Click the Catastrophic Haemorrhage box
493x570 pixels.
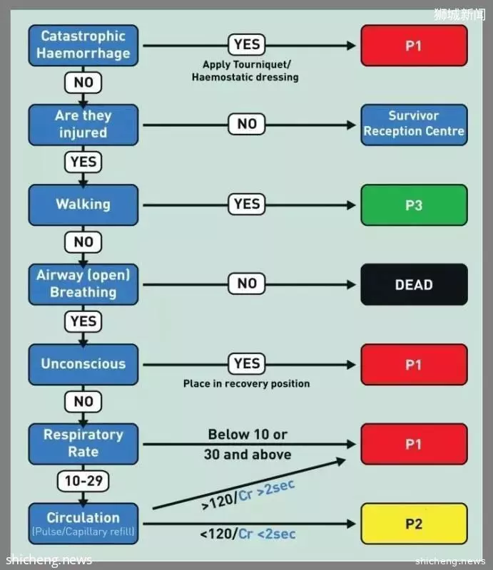83,46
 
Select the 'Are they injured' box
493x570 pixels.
83,125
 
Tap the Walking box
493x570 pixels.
83,205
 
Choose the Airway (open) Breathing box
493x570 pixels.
83,284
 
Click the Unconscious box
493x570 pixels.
83,364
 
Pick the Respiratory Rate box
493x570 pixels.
83,444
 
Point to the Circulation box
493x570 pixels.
83,524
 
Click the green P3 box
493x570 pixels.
414,205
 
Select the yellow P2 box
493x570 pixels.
414,524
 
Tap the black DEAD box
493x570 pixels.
414,284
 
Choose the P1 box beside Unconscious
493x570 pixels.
414,364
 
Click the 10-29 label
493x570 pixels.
83,481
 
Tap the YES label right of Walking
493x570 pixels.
247,204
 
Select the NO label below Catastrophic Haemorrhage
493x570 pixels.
83,82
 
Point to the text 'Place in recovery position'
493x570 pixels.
247,384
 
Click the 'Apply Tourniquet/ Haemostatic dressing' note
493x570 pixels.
245,71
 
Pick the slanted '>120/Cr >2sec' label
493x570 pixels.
248,495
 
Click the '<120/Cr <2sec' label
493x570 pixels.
248,534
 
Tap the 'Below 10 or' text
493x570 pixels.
248,435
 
